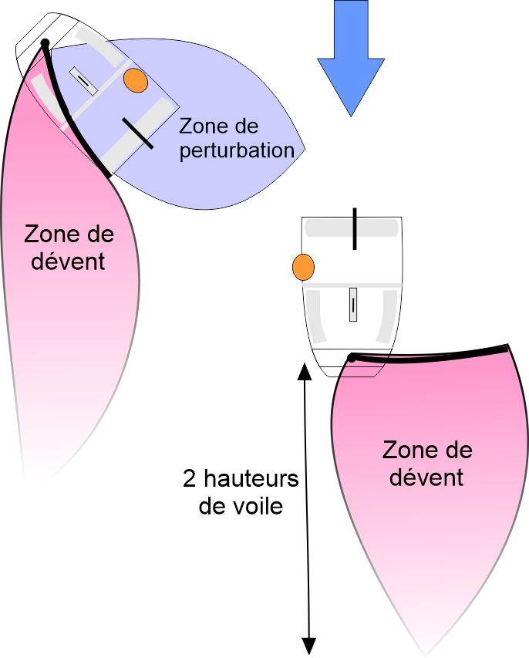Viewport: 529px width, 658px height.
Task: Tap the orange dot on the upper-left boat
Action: (x=136, y=80)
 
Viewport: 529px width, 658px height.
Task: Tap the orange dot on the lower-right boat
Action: (x=303, y=268)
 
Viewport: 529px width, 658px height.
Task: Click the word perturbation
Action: (x=237, y=150)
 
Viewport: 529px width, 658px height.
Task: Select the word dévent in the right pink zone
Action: (x=426, y=477)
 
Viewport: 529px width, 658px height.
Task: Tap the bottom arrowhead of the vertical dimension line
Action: (x=309, y=644)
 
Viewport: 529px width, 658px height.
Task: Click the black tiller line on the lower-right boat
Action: (x=355, y=228)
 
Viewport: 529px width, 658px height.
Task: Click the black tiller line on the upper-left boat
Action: (x=138, y=133)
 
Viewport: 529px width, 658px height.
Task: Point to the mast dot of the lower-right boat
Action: (x=352, y=357)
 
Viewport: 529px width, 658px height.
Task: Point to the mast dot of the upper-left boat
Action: (x=45, y=43)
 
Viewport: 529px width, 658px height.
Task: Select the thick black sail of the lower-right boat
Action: (x=432, y=354)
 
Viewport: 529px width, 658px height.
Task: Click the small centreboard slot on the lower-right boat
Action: (x=353, y=304)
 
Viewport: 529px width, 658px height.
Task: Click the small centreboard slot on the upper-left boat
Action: (x=83, y=81)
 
